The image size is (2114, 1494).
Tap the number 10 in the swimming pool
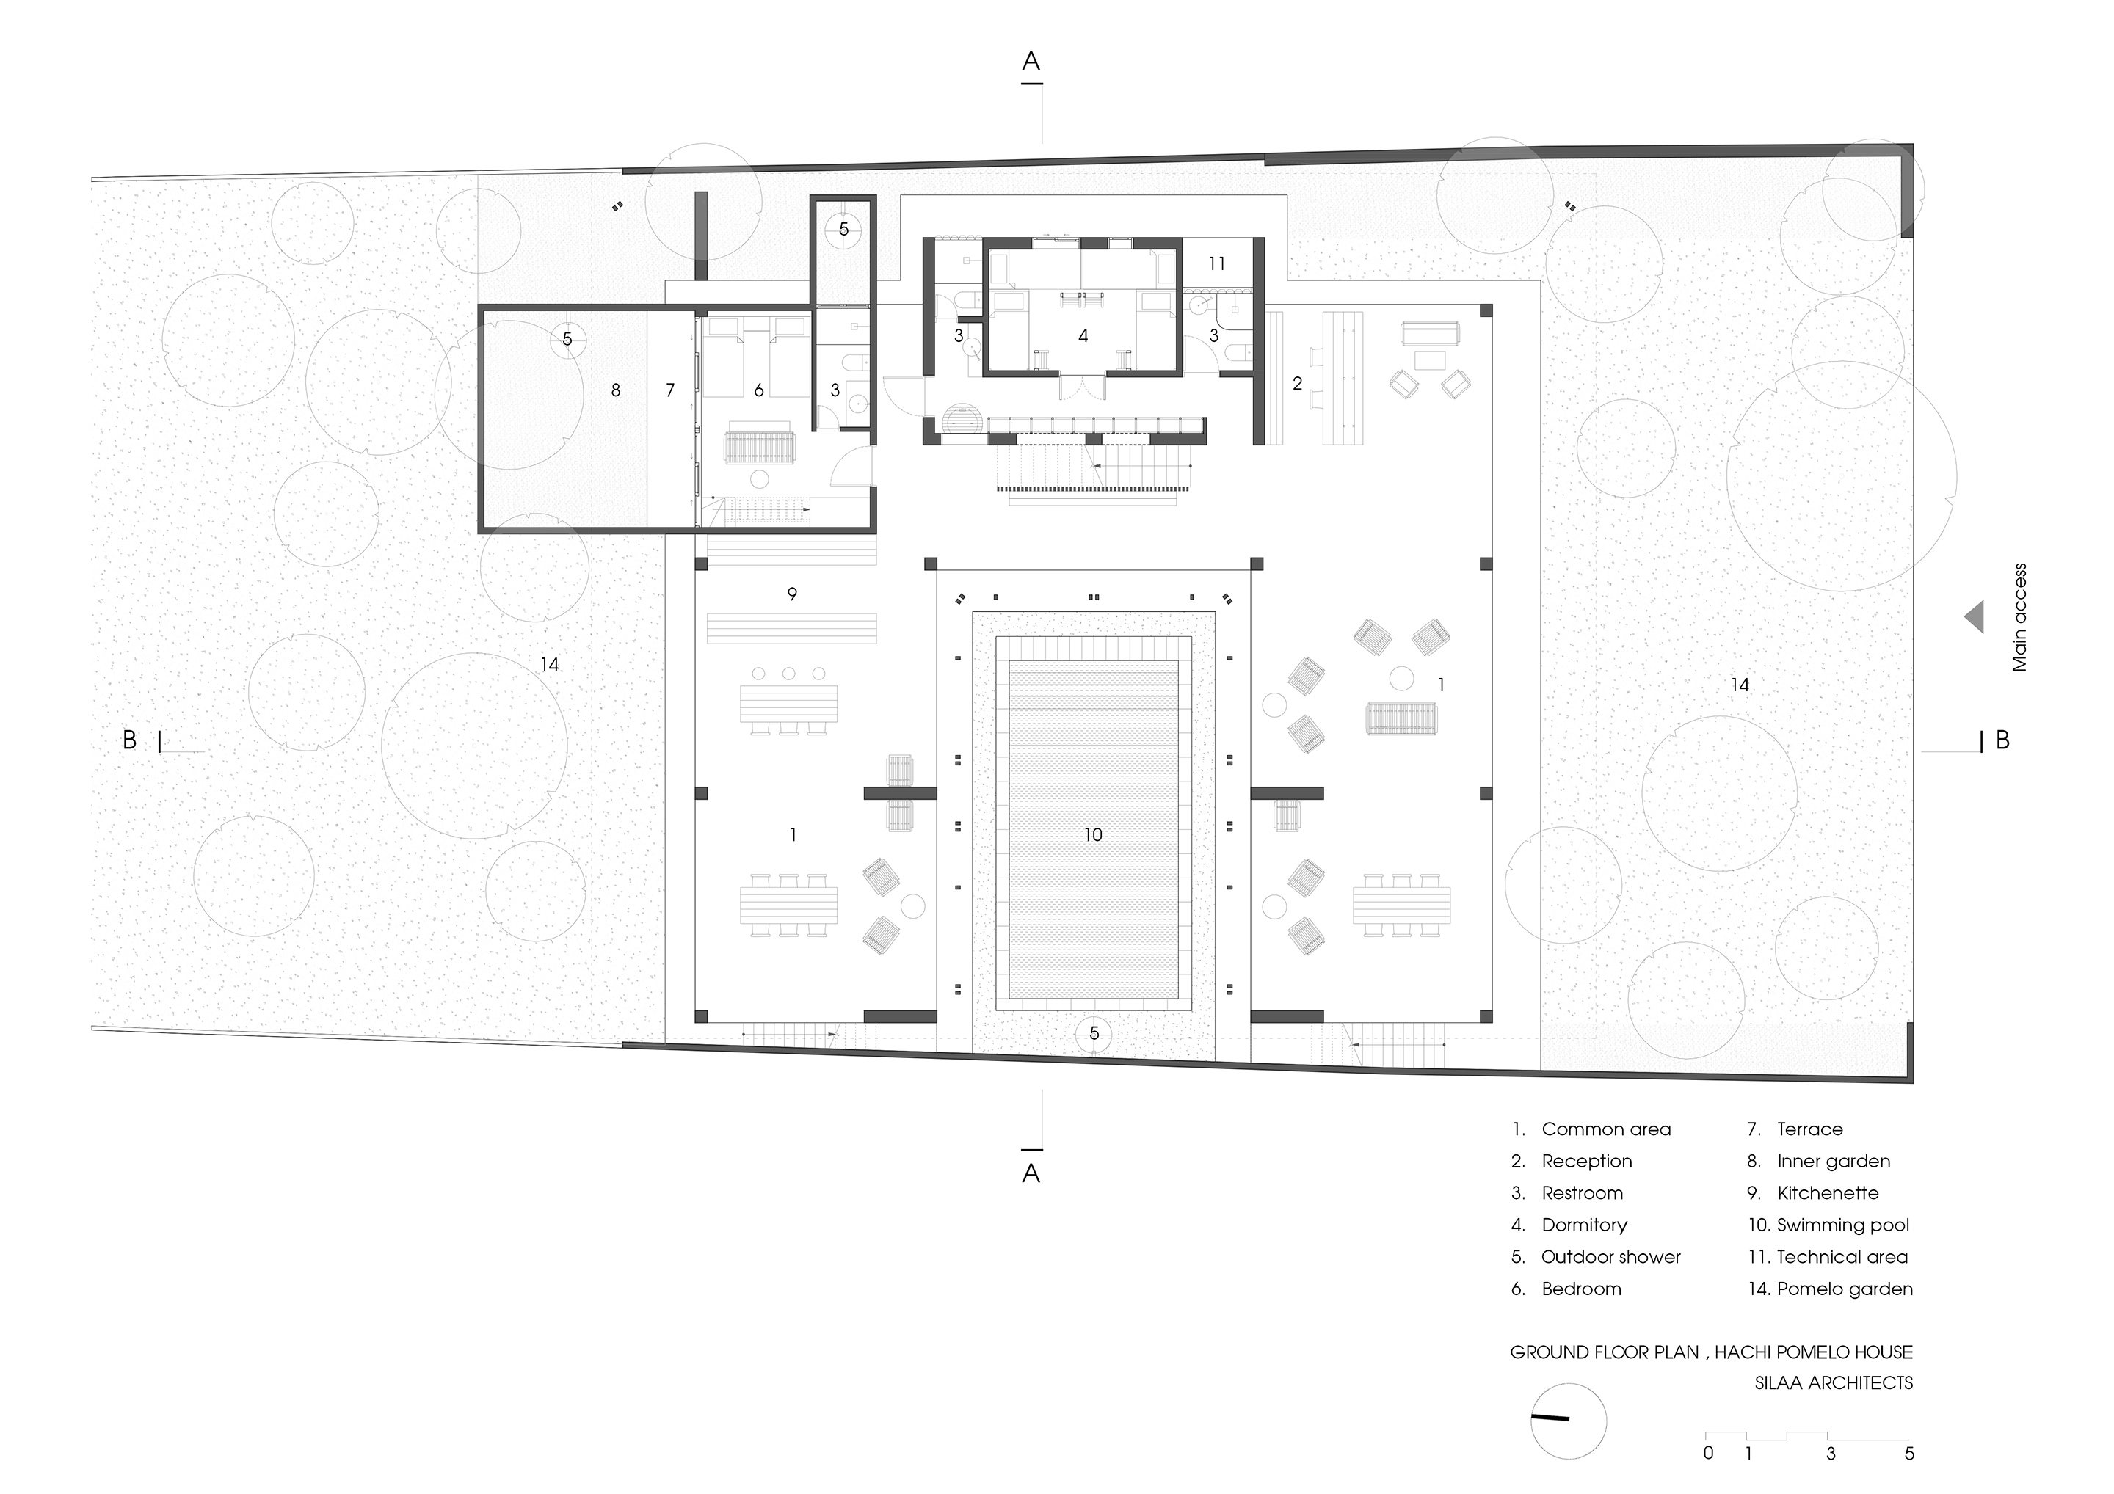tap(1093, 835)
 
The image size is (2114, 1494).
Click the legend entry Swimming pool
tap(1828, 1225)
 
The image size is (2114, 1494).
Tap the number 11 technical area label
tap(1217, 264)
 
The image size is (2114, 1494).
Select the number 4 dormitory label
tap(1083, 336)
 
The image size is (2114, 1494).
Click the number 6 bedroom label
tap(759, 390)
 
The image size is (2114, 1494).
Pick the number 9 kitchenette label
tap(792, 594)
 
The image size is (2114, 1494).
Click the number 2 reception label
tap(1297, 383)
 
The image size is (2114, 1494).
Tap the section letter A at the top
tap(1031, 61)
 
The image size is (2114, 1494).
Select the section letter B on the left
tap(130, 740)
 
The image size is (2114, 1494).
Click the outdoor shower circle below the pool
tap(1094, 1034)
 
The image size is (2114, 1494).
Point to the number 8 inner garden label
tap(616, 390)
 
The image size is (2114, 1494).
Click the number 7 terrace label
tap(670, 390)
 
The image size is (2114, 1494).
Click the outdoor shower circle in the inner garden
tap(567, 339)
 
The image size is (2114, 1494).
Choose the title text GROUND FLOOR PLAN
tap(1605, 1352)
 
